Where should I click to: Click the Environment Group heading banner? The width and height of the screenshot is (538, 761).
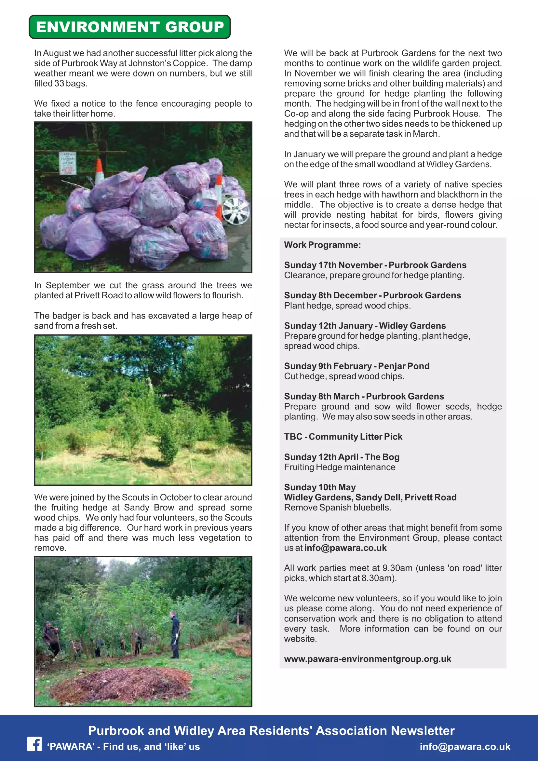tap(129, 27)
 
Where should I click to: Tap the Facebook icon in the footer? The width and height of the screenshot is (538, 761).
tap(34, 744)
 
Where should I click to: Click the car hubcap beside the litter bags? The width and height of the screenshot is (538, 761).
tap(235, 210)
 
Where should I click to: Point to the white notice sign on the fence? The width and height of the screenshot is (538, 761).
tap(68, 163)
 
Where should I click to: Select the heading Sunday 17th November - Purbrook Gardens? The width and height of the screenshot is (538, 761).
tap(375, 265)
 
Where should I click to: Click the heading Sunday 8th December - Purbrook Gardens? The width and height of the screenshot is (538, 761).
tap(372, 295)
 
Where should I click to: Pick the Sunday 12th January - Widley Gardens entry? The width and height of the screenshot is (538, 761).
tap(365, 325)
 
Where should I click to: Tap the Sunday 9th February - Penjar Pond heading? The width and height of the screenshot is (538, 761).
tap(356, 366)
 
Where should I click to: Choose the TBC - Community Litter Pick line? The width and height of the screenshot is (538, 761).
tap(343, 437)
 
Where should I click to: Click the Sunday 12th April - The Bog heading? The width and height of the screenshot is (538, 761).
tap(342, 457)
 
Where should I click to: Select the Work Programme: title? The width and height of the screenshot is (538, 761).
tap(322, 245)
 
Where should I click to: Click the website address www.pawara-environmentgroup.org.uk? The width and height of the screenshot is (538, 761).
tap(367, 659)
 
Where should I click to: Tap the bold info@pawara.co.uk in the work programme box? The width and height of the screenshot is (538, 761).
tap(345, 548)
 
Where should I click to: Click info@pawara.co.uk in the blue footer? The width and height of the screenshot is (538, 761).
tap(465, 746)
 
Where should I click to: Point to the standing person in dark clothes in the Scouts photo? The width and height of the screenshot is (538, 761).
tap(174, 635)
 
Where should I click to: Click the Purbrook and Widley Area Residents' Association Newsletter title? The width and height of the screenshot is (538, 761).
tap(271, 730)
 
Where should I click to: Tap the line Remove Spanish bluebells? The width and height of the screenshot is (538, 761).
tap(338, 508)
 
